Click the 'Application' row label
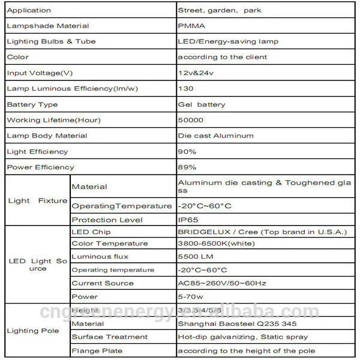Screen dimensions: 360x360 coord(28,10)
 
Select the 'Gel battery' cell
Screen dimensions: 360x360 coord(202,104)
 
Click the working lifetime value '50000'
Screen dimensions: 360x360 coord(190,120)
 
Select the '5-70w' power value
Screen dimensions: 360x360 coord(190,296)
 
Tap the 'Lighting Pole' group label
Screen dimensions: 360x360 coord(31,331)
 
